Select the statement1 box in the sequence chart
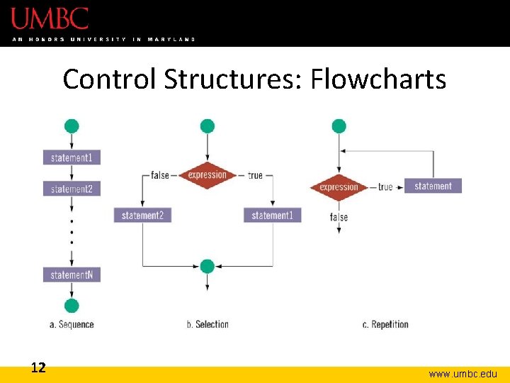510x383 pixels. click(72, 157)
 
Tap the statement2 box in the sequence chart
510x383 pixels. click(72, 189)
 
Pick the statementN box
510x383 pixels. click(72, 274)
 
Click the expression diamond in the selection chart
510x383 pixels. click(207, 175)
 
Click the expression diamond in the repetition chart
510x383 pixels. click(339, 187)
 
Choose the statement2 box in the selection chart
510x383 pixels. click(142, 215)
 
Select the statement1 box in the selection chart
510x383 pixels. click(272, 215)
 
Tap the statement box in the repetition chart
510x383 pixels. click(433, 186)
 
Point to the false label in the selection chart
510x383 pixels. click(160, 175)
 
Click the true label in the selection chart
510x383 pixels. click(255, 175)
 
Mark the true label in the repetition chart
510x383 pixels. click(385, 187)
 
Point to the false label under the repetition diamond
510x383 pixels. click(339, 217)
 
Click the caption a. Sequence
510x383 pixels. click(72, 324)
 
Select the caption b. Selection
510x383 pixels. click(208, 324)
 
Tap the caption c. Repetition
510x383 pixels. click(385, 324)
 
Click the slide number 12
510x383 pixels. click(38, 367)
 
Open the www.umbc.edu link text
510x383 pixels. click(463, 374)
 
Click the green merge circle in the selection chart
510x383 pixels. click(207, 267)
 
